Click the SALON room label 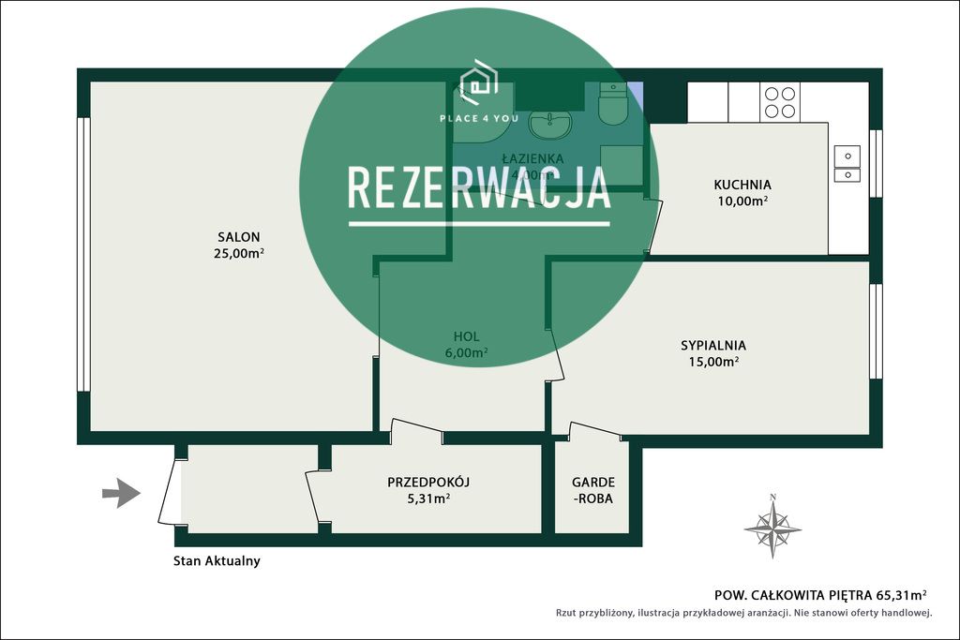coord(238,237)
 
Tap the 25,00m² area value coord(238,253)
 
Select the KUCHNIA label coord(742,185)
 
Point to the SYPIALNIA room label coord(712,345)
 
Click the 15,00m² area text coord(713,362)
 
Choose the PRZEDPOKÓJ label coord(427,482)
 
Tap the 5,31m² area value coord(427,499)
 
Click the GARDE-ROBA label coord(592,490)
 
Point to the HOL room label coord(466,336)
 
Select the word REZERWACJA coord(479,187)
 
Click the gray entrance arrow coord(120,493)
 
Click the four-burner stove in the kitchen coord(779,102)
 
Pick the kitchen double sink coord(847,164)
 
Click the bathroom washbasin coord(548,123)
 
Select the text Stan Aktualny coord(217,561)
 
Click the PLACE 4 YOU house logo coord(478,82)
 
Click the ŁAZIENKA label coord(532,158)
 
